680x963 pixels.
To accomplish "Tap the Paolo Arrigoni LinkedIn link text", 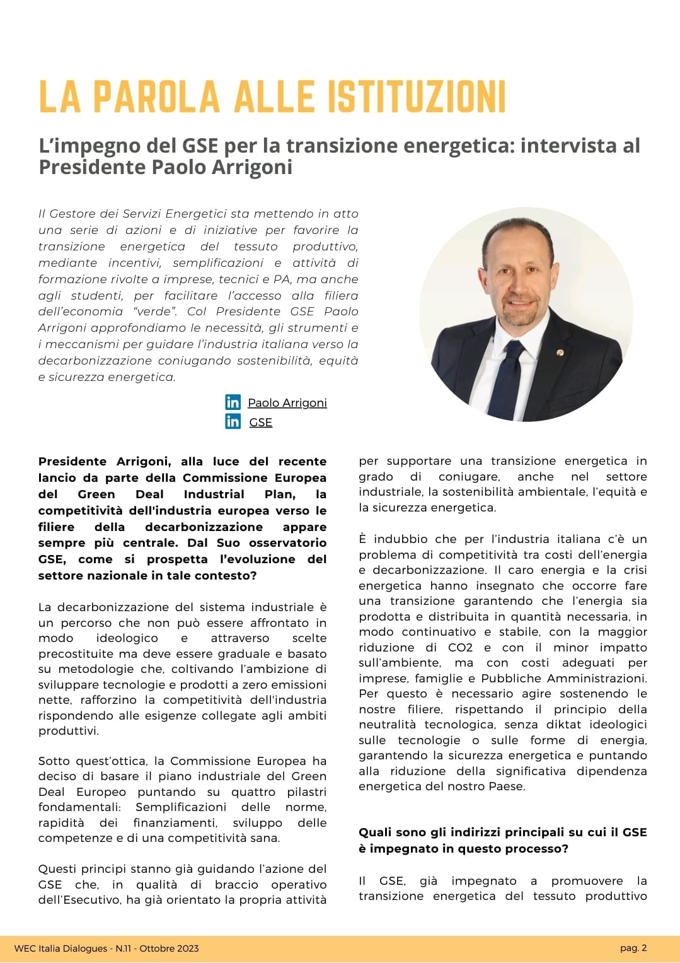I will click(287, 402).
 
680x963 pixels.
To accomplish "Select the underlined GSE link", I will click(261, 422).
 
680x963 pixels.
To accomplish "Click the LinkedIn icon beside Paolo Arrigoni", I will click(233, 402).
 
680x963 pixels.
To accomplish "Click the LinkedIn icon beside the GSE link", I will click(233, 421).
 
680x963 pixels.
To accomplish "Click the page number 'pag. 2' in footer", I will click(633, 947).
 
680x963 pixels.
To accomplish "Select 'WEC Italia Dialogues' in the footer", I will click(61, 948).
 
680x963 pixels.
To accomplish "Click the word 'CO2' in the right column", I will click(460, 648).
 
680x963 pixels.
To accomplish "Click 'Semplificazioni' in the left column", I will click(181, 807).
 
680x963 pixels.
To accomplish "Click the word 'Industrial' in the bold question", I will click(214, 494).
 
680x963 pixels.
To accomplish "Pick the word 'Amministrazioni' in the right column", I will click(596, 679).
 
